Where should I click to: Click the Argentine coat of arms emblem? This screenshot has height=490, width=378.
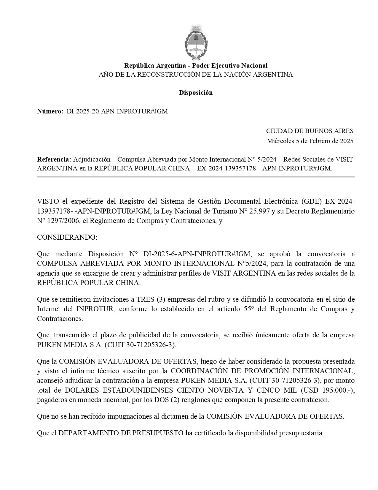click(x=196, y=42)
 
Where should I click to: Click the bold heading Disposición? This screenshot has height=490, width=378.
click(x=196, y=93)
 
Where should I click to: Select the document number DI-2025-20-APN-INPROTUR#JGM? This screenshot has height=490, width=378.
click(x=117, y=111)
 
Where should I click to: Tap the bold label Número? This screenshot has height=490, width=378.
click(x=50, y=111)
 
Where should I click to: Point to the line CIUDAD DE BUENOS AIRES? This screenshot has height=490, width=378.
click(x=310, y=131)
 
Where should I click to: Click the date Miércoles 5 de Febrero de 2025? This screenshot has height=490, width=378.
click(x=310, y=141)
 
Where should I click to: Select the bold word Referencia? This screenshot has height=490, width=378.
click(x=54, y=159)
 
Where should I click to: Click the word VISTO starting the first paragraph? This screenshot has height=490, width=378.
click(x=47, y=202)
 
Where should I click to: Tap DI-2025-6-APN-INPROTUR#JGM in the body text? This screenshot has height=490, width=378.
click(x=197, y=254)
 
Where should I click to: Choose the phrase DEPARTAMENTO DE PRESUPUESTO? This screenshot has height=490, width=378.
click(x=121, y=433)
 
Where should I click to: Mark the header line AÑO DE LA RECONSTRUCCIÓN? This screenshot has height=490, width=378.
click(x=196, y=75)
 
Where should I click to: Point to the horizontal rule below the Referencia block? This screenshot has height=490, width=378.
click(x=196, y=177)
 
